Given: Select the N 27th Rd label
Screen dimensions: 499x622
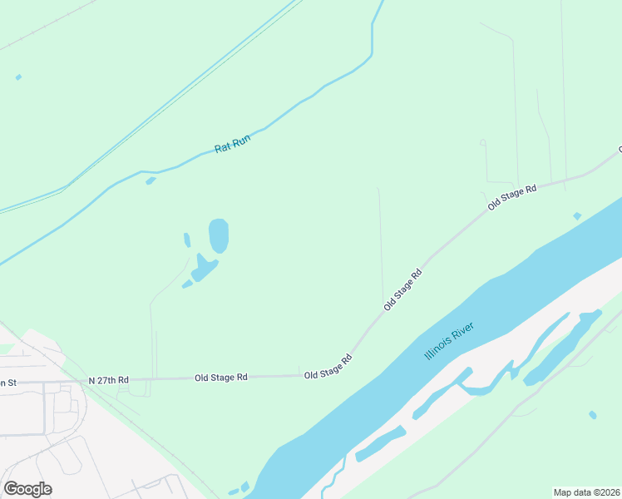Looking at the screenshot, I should (109, 380).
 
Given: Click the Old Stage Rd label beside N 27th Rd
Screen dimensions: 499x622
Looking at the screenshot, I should (221, 378).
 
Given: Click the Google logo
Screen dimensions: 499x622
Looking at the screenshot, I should (27, 489).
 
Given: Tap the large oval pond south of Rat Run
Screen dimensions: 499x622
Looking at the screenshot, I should (218, 235).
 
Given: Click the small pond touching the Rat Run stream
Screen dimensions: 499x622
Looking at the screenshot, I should (151, 180).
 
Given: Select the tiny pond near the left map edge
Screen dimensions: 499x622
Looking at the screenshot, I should (18, 77).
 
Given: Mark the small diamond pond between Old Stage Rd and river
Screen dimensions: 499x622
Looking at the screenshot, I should (577, 216).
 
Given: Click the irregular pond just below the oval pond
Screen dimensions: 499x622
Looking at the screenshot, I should (203, 269).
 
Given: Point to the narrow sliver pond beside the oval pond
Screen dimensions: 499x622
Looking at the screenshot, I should (187, 240).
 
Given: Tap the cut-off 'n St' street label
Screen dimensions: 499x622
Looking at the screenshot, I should (8, 382).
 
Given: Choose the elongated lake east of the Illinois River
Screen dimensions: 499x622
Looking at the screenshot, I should (562, 347).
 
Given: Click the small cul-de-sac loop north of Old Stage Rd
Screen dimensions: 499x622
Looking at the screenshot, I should (482, 143).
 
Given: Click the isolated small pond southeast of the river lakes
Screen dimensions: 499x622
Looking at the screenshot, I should (592, 414).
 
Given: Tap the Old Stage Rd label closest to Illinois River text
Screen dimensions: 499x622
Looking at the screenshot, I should (403, 290).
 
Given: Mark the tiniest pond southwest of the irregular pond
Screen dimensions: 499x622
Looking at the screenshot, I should (187, 284).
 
